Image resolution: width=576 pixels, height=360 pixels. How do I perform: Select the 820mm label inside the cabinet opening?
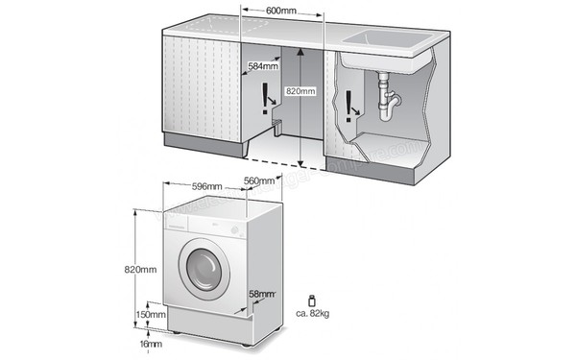[300, 91]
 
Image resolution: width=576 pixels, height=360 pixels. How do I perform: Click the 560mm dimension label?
[260, 181]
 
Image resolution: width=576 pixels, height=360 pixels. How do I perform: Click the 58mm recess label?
[261, 294]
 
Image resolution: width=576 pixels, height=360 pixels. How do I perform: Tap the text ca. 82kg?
[316, 314]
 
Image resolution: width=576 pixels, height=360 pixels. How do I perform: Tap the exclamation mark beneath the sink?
[347, 102]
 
